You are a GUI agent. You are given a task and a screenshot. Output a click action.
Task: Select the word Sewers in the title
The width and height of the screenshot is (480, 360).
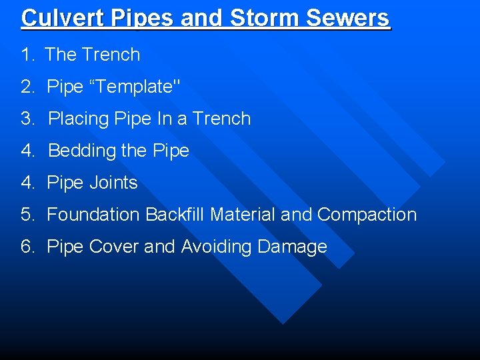click(348, 18)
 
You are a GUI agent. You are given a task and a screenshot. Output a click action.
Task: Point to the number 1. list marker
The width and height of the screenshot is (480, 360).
click(27, 55)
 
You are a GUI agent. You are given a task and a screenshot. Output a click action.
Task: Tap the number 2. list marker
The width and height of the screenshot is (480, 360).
click(27, 87)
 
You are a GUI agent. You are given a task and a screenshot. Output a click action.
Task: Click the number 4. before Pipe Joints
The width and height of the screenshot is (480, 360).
click(27, 183)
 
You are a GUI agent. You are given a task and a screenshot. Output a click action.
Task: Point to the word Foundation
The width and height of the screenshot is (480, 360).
click(93, 215)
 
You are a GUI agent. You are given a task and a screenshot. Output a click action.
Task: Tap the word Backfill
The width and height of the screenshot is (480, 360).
click(175, 215)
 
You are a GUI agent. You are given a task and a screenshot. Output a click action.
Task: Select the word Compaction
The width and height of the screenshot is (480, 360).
click(367, 215)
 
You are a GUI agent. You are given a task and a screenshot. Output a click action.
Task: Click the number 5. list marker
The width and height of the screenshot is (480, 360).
click(27, 215)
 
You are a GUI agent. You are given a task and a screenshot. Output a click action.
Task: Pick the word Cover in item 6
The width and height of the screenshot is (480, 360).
click(113, 247)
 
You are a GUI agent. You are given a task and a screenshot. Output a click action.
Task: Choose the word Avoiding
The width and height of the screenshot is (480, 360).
click(215, 247)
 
